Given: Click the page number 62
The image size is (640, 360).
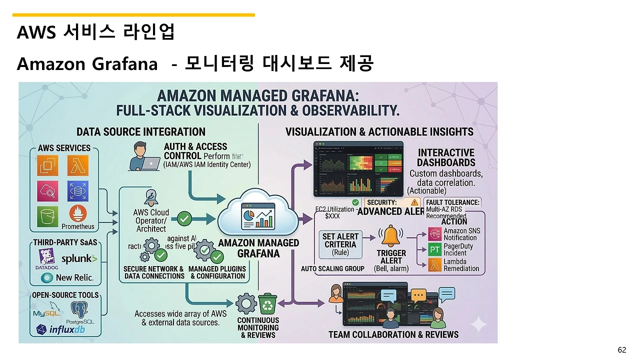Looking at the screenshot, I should (622, 350).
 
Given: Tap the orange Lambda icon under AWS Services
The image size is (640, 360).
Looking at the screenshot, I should (78, 165).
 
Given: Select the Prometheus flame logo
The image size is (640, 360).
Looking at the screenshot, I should (78, 214).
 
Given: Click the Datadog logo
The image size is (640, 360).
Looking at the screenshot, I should (46, 258).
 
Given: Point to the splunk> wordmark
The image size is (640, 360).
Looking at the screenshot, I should (79, 259).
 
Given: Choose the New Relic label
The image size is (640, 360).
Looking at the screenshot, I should (74, 277).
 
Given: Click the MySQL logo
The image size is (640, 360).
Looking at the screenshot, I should (46, 313).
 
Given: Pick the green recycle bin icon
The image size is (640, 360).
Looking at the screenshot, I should (267, 303).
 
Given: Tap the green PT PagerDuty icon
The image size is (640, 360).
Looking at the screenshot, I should (434, 249).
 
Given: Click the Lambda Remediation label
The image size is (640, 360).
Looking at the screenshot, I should (461, 265).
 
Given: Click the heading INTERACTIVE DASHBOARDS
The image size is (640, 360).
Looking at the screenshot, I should (446, 157).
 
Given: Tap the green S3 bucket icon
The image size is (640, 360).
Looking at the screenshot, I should (48, 216).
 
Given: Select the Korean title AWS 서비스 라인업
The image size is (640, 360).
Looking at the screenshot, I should (96, 32).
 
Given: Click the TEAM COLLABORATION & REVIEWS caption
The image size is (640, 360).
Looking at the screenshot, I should (393, 334).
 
